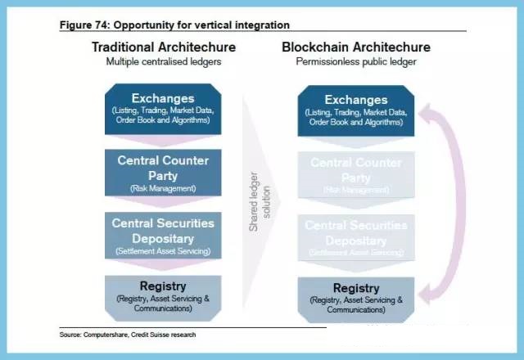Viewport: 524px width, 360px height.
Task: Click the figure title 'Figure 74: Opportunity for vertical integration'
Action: point(174,25)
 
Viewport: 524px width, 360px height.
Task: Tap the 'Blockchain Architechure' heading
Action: point(356,47)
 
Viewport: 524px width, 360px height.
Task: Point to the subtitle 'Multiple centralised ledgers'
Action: point(165,61)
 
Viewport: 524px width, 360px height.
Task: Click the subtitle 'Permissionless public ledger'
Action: point(356,61)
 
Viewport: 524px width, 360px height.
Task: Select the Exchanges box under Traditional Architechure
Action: point(163,110)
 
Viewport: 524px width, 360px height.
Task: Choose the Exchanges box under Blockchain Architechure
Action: point(355,110)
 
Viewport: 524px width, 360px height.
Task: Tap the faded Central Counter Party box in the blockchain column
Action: point(355,173)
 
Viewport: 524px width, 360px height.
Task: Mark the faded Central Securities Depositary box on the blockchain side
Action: point(355,236)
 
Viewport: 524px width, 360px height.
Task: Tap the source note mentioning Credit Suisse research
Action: point(128,335)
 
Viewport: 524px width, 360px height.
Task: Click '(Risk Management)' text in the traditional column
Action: point(163,188)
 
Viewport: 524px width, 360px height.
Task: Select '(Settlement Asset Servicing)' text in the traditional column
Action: point(163,250)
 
